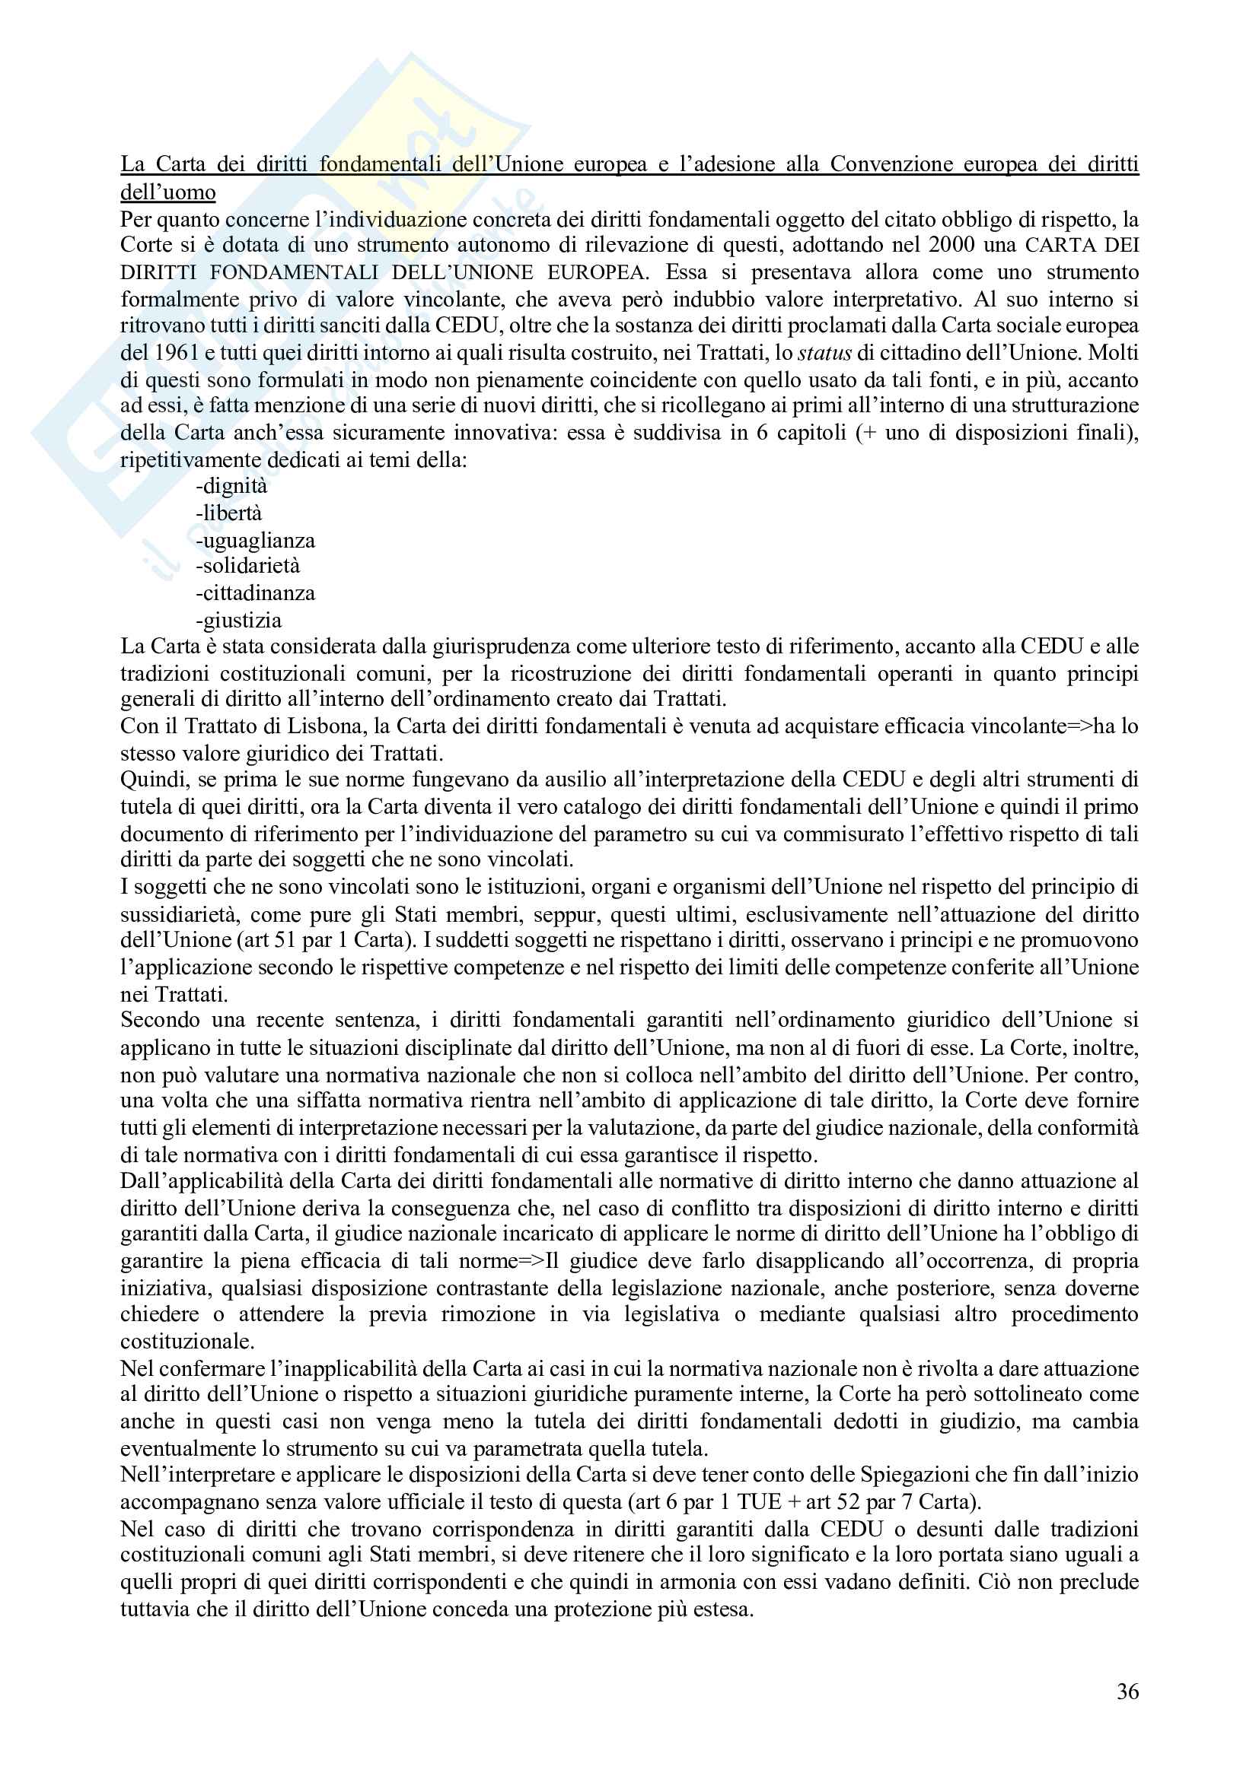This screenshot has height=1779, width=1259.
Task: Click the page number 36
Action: coord(1127,1692)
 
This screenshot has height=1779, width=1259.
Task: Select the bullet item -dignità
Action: coord(232,487)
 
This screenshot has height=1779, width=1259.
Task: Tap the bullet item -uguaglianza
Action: coord(255,540)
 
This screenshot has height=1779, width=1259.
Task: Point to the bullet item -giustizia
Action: coord(239,620)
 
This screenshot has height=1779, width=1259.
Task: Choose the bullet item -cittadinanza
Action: coord(255,593)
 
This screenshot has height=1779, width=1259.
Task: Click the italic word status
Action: coord(825,354)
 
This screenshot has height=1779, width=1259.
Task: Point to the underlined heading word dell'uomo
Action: coord(167,192)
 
